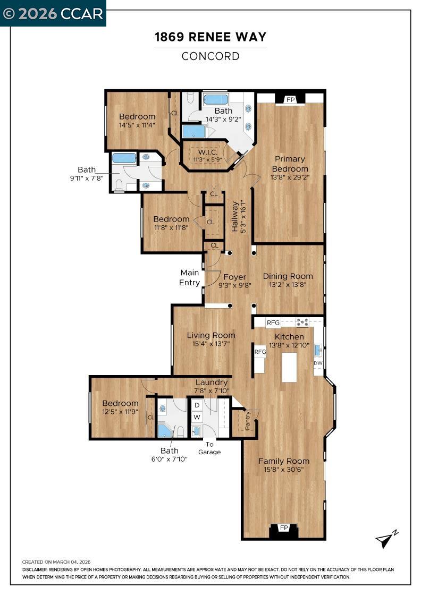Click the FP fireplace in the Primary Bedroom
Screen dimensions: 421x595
[x=290, y=99]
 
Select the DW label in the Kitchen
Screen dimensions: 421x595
[x=318, y=363]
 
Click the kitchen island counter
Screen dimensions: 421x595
[x=289, y=367]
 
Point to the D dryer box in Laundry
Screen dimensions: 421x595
[x=197, y=405]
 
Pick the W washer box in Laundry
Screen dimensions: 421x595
[x=197, y=417]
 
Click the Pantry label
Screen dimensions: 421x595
[x=248, y=420]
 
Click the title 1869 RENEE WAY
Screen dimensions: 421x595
[x=210, y=37]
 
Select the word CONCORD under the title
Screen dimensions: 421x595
[x=210, y=56]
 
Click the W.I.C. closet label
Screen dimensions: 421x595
[x=208, y=152]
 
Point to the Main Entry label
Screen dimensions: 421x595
[x=189, y=277]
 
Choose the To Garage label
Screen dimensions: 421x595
[x=209, y=448]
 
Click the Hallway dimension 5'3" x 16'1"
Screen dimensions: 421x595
[x=243, y=217]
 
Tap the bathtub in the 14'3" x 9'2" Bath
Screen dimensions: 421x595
[x=216, y=99]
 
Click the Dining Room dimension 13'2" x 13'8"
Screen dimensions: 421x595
[x=288, y=285]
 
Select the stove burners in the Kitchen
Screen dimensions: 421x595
[x=302, y=322]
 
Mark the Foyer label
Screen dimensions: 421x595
[x=234, y=277]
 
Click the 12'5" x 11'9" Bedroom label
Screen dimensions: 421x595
[x=120, y=407]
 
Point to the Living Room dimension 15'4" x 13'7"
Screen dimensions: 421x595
[x=210, y=344]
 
